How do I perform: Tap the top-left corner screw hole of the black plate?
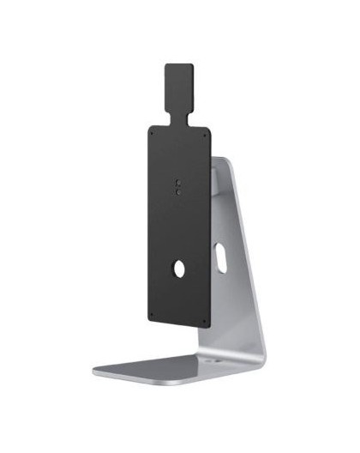pyautogui.click(x=152, y=133)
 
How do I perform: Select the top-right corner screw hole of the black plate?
pyautogui.click(x=207, y=133)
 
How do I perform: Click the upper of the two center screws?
pyautogui.click(x=177, y=183)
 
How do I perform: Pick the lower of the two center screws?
pyautogui.click(x=177, y=192)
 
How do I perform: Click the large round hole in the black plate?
pyautogui.click(x=180, y=268)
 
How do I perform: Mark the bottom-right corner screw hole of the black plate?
pyautogui.click(x=207, y=323)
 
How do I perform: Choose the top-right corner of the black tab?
pyautogui.click(x=196, y=63)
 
